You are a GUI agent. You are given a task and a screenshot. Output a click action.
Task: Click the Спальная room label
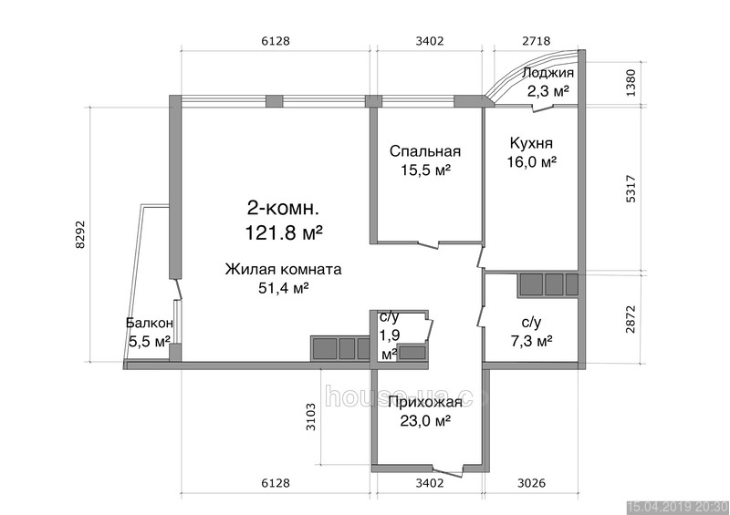tap(425, 151)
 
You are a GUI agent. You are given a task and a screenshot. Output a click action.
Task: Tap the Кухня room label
tap(531, 142)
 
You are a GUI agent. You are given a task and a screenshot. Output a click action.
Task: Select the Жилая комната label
tap(283, 269)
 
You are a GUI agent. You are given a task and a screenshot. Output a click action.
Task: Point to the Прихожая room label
tap(425, 402)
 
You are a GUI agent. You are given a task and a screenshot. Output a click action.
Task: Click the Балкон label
tap(150, 323)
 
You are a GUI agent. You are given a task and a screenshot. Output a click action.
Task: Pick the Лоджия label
tap(548, 73)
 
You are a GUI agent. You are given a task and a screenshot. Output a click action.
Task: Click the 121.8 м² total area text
tap(284, 232)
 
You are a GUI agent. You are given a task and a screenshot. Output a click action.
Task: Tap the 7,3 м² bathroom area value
tap(531, 342)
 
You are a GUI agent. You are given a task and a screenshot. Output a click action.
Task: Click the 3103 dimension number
tap(310, 417)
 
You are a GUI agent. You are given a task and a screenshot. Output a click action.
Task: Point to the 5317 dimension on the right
tap(631, 188)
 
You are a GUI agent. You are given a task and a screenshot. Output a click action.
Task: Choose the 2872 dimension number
tap(631, 319)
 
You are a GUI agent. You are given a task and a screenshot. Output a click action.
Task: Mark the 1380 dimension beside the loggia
tap(631, 83)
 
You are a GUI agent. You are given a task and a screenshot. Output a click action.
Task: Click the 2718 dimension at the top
tap(537, 41)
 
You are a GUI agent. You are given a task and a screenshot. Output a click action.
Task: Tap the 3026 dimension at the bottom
tap(531, 483)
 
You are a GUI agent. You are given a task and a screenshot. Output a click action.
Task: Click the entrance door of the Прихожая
tap(447, 470)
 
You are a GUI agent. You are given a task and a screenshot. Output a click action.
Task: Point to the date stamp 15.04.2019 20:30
tap(677, 507)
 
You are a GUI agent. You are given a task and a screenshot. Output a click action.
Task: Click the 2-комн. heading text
tap(283, 209)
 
